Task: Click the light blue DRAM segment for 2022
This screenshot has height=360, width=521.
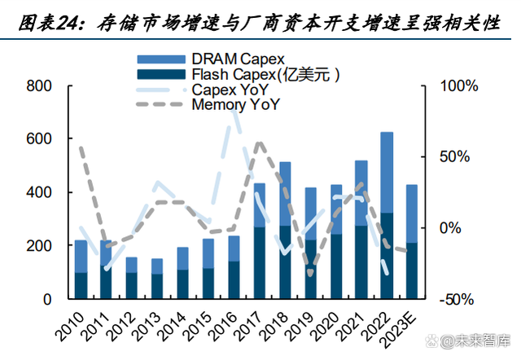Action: pyautogui.click(x=387, y=172)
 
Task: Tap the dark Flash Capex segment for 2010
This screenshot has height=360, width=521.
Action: pyautogui.click(x=81, y=285)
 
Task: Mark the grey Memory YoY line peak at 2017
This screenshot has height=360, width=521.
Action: pyautogui.click(x=259, y=143)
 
